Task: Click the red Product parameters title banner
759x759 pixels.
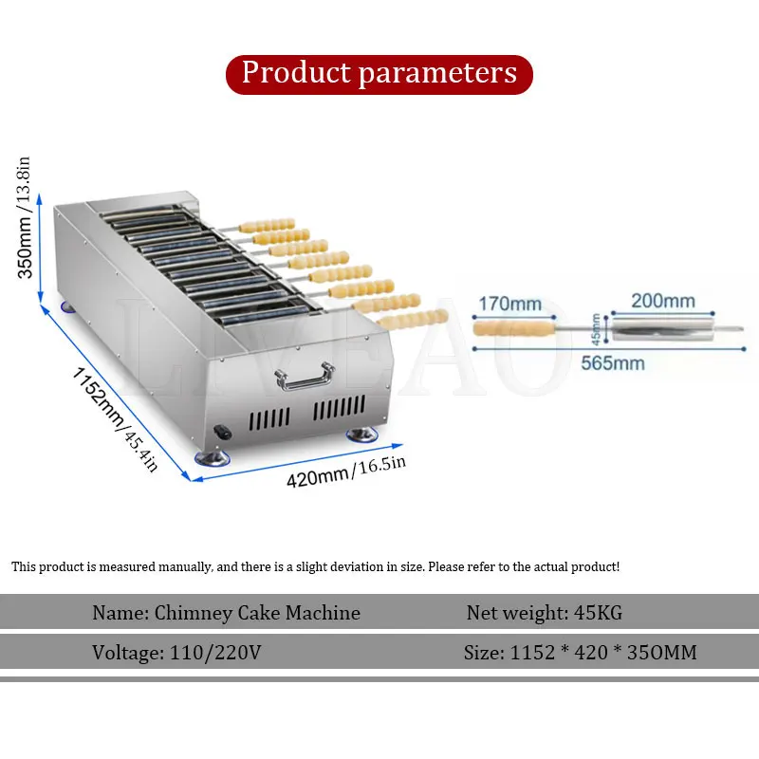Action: (379, 74)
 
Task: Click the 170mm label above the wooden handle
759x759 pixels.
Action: (509, 304)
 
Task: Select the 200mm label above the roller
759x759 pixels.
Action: (664, 302)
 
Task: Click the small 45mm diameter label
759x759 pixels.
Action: (596, 328)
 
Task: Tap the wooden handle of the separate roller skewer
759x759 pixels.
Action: (513, 329)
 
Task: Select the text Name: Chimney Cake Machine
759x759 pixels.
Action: (226, 613)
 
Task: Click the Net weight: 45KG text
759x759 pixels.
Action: (544, 613)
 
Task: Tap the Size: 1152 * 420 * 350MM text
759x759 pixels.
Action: (581, 653)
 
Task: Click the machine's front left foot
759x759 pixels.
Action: (210, 458)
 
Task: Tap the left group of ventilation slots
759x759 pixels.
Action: (270, 417)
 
